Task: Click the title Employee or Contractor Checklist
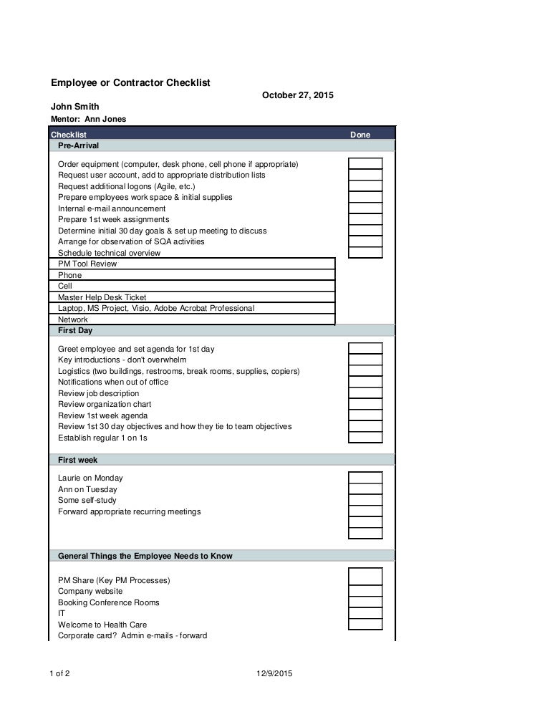coord(130,83)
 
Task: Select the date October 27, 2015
coord(297,95)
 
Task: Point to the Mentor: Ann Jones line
coord(88,119)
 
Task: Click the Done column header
coord(360,135)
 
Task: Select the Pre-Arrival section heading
coord(78,145)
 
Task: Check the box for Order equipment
coord(365,164)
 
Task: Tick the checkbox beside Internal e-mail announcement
coord(365,208)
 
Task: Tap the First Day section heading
coord(75,331)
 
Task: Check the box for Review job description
coord(365,393)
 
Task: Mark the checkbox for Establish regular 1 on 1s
coord(365,438)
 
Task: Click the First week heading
coord(77,460)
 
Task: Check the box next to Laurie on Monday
coord(365,478)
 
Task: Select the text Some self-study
coord(87,500)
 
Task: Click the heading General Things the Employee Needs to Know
coord(145,556)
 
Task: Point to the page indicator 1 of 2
coord(60,673)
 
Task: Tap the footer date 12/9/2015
coord(274,673)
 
